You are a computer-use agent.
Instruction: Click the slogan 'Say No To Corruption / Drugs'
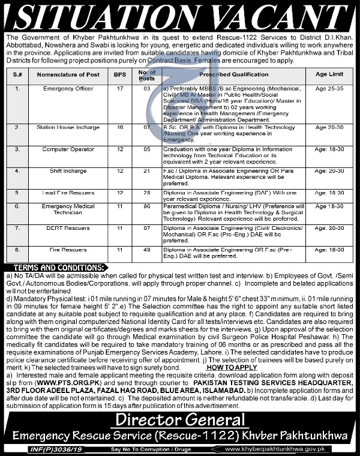coord(157,449)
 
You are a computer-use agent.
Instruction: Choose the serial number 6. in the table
coord(18,206)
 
